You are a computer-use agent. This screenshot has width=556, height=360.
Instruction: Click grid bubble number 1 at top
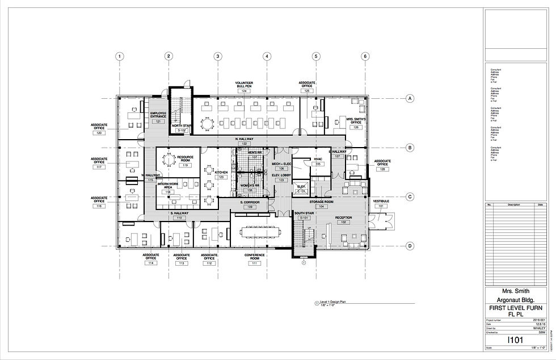[x=120, y=56]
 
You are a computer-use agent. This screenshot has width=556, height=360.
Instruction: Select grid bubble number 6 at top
[x=365, y=56]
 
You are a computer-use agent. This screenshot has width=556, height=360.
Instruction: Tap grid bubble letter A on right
[x=409, y=99]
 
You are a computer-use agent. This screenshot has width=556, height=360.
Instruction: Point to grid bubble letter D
[x=409, y=246]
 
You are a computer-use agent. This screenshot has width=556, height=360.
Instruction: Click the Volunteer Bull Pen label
[x=244, y=85]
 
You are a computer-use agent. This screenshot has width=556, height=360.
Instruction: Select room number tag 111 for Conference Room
[x=255, y=263]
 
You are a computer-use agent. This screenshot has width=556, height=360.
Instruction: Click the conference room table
[x=262, y=231]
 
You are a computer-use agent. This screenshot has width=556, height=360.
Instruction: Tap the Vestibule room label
[x=380, y=201]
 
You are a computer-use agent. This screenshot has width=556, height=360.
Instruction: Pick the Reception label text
[x=344, y=217]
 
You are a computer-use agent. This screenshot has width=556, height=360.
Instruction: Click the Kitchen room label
[x=221, y=172]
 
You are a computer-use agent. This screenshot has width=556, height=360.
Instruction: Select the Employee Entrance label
[x=158, y=115]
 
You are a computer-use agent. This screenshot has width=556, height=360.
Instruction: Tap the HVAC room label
[x=318, y=159]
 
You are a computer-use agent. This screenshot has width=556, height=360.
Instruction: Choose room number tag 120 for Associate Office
[x=99, y=132]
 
